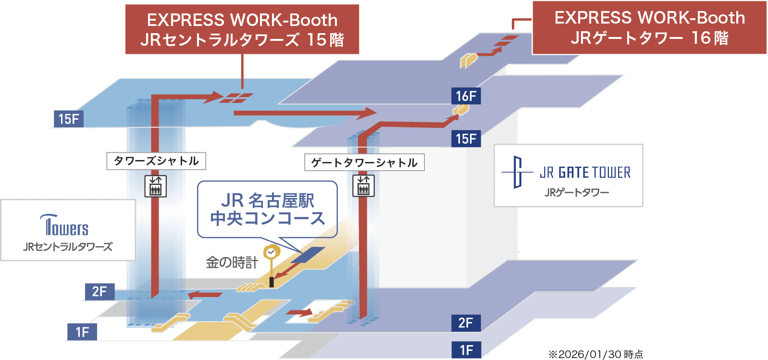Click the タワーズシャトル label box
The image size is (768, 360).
pyautogui.click(x=156, y=161)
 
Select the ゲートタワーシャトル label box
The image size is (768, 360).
pyautogui.click(x=364, y=162)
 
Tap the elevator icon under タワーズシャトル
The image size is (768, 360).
pyautogui.click(x=156, y=186)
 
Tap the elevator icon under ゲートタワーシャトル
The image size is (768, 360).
pyautogui.click(x=363, y=186)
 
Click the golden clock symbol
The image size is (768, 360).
pyautogui.click(x=271, y=252)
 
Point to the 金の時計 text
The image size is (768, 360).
pyautogui.click(x=232, y=262)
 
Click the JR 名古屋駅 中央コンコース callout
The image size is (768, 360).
pyautogui.click(x=267, y=210)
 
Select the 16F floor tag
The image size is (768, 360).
pyautogui.click(x=466, y=96)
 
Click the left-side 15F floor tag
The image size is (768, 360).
pyautogui.click(x=68, y=119)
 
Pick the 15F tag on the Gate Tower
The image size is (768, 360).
pyautogui.click(x=466, y=139)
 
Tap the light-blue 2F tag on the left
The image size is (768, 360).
pyautogui.click(x=99, y=291)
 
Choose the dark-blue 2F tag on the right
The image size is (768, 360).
pyautogui.click(x=466, y=323)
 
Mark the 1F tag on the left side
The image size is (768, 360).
pyautogui.click(x=82, y=332)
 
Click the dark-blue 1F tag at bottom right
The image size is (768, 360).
pyautogui.click(x=466, y=350)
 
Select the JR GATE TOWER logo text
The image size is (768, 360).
pyautogui.click(x=584, y=173)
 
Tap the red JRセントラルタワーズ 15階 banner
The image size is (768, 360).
pyautogui.click(x=242, y=29)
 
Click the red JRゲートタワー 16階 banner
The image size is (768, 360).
pyautogui.click(x=649, y=27)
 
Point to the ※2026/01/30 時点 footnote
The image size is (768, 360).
pyautogui.click(x=595, y=354)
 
